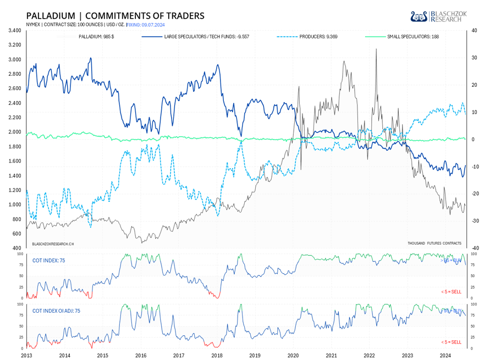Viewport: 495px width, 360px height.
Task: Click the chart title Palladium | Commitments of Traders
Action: point(115,15)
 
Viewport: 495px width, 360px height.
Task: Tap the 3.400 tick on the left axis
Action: point(15,30)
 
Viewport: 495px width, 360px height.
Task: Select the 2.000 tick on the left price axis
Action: point(15,132)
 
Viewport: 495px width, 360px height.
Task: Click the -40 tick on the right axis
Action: point(474,248)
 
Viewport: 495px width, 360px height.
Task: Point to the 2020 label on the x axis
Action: point(293,356)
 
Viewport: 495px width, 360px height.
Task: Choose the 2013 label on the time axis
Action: point(26,356)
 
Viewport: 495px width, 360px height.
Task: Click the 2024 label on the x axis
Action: point(446,356)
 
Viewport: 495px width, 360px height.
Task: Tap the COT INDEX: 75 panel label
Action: point(49,260)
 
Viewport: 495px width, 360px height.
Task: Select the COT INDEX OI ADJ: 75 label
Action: point(56,311)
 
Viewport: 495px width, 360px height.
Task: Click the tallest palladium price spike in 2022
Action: point(376,49)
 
